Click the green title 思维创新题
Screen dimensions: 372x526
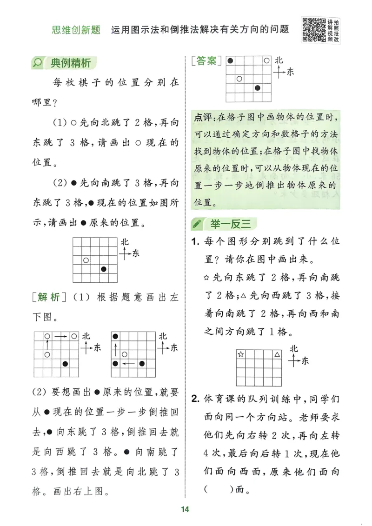pyautogui.click(x=76, y=30)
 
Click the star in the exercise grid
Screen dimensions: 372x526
pyautogui.click(x=241, y=354)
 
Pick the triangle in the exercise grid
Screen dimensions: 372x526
pyautogui.click(x=277, y=354)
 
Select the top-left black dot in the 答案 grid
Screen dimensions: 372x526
pyautogui.click(x=230, y=60)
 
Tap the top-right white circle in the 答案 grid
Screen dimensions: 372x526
pyautogui.click(x=266, y=60)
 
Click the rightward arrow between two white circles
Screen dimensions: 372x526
pyautogui.click(x=60, y=336)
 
